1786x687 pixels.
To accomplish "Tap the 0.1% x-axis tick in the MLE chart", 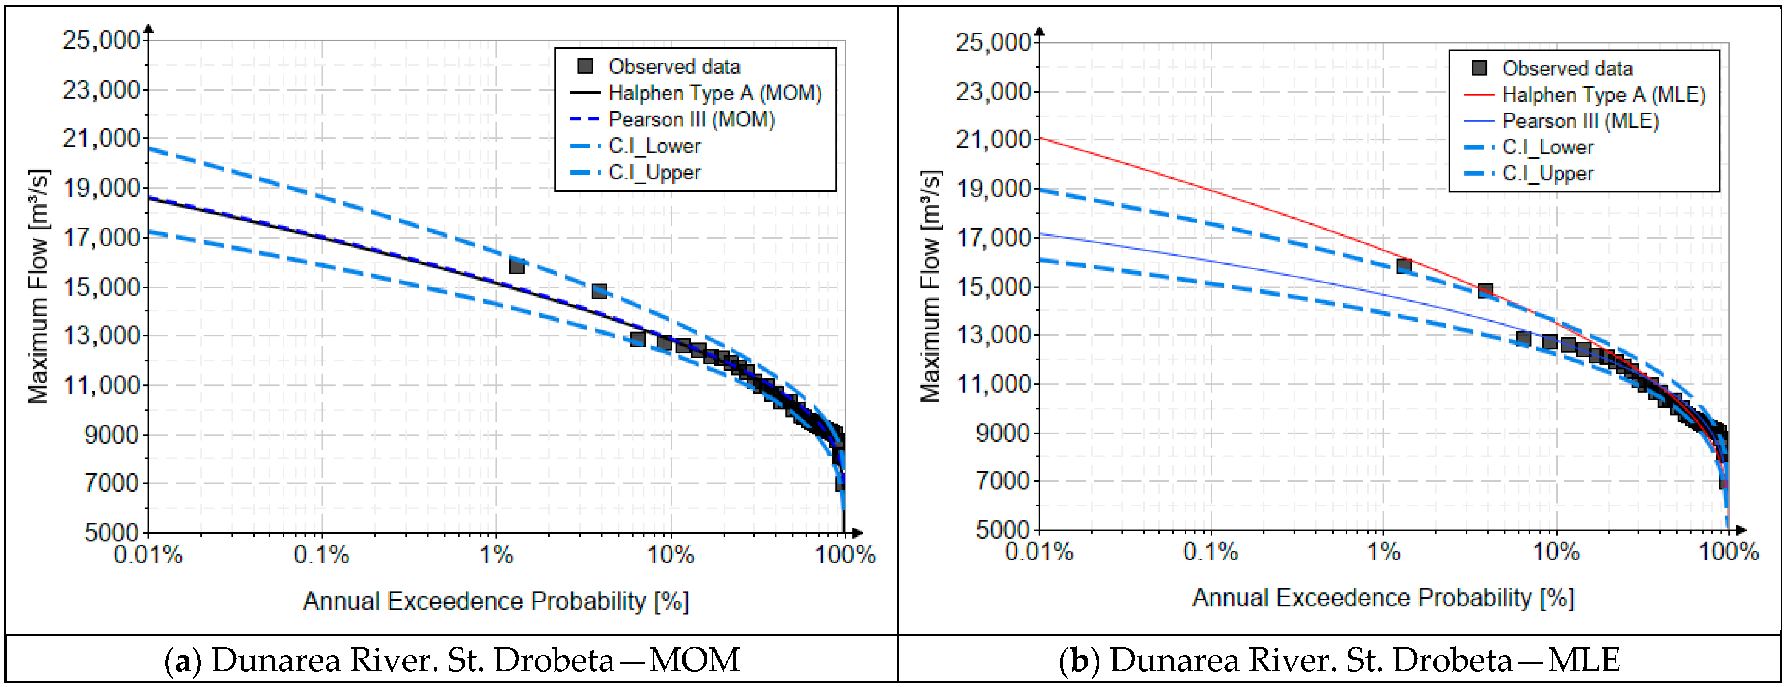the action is (1211, 552).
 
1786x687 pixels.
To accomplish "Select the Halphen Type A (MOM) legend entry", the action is (696, 93).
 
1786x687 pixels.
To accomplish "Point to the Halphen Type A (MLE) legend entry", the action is (1584, 95).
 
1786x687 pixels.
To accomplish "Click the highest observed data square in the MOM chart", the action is (516, 266).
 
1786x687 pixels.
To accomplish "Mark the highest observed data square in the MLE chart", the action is (1404, 266).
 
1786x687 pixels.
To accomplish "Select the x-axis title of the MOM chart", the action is (496, 601).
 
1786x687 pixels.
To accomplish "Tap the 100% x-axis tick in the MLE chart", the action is (1729, 552).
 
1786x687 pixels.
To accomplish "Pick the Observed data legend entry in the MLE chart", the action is (1552, 68).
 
